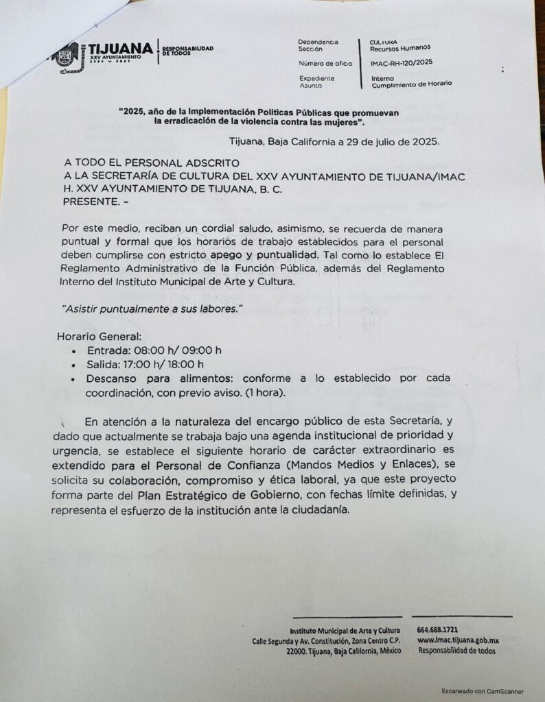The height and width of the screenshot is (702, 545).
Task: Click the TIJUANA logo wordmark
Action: click(121, 48)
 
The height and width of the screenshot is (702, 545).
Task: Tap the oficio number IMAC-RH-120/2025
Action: click(402, 64)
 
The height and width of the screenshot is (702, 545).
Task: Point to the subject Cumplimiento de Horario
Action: click(411, 84)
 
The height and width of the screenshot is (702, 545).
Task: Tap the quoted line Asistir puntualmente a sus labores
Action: click(152, 310)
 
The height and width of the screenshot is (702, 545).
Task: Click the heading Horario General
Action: click(99, 337)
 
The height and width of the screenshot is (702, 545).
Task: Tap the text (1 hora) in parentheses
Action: click(270, 393)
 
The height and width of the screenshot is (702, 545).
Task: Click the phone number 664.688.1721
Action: click(437, 629)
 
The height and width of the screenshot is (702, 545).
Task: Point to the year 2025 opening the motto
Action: click(134, 112)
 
